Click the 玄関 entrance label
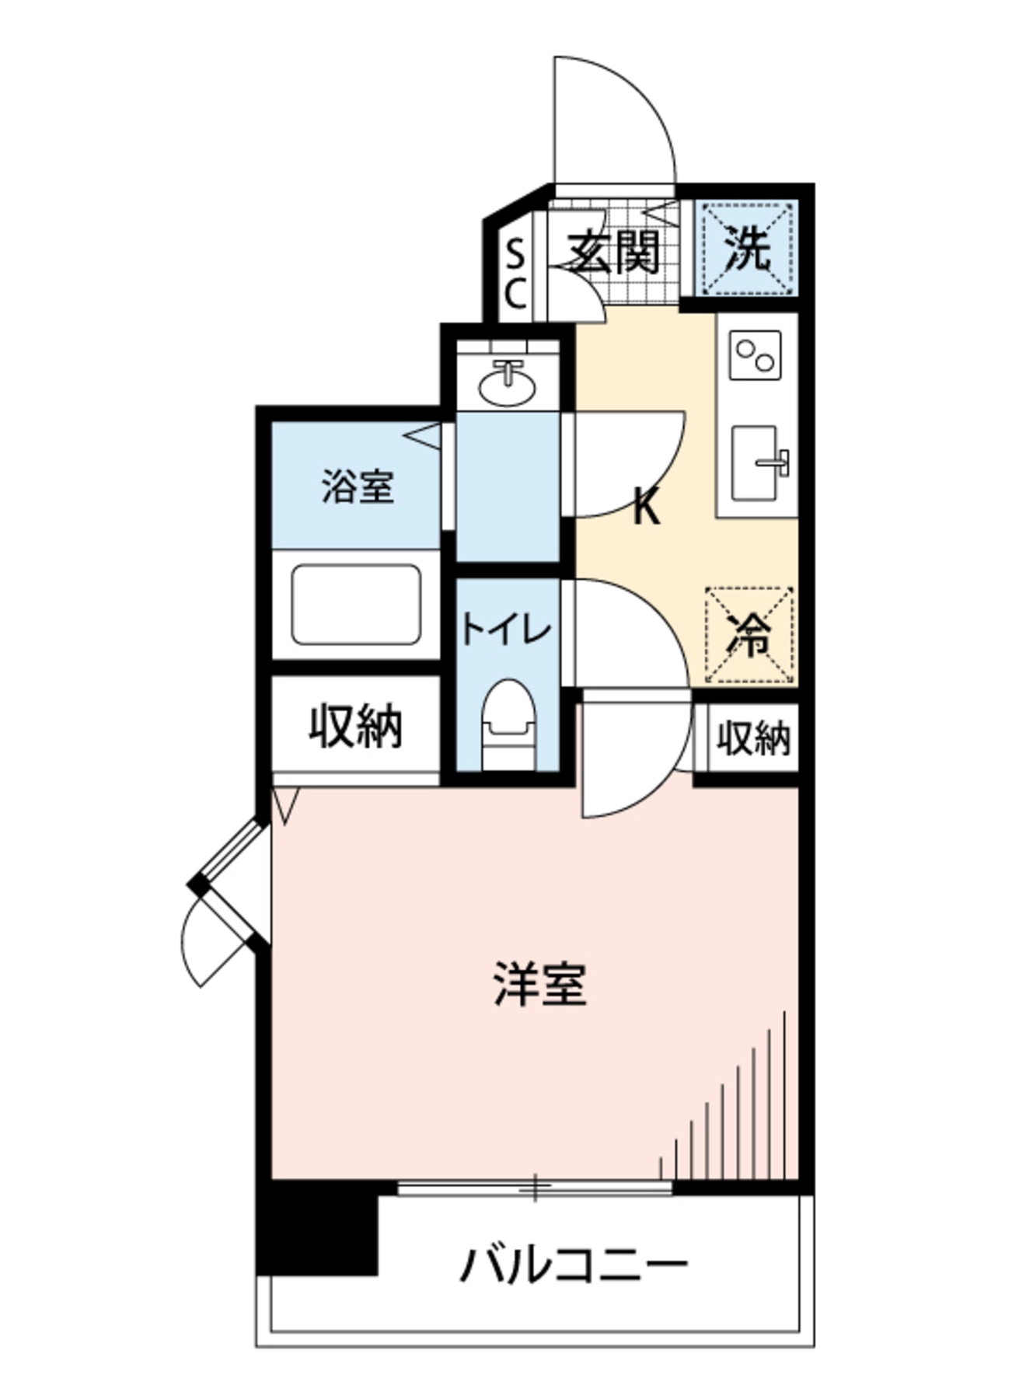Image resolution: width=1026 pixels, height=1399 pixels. tap(614, 253)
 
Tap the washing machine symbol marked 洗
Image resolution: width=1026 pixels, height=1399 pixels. tap(747, 249)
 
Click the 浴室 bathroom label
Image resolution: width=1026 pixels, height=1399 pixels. tap(357, 487)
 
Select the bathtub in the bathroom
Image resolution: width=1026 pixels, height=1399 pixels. tap(357, 604)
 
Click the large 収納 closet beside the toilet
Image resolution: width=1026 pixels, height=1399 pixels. tap(355, 727)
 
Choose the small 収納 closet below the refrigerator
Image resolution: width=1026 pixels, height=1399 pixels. tap(752, 738)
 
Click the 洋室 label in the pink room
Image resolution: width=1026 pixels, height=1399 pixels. tap(539, 985)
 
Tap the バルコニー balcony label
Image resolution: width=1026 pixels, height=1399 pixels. tap(574, 1265)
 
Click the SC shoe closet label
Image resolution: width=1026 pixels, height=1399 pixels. tap(515, 273)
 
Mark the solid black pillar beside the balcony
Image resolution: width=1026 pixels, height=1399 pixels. tap(317, 1227)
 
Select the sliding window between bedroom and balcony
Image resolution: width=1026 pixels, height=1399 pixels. tap(535, 1188)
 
